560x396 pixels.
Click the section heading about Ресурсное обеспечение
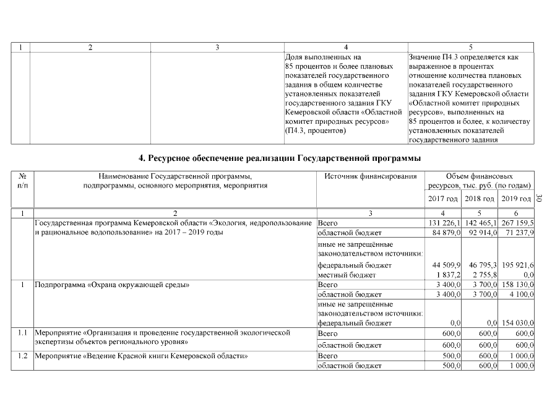coord(280,158)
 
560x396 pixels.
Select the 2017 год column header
coord(443,199)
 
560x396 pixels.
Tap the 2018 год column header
coord(481,199)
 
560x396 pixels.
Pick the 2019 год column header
coord(517,199)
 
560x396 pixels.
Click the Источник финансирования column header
coord(370,176)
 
